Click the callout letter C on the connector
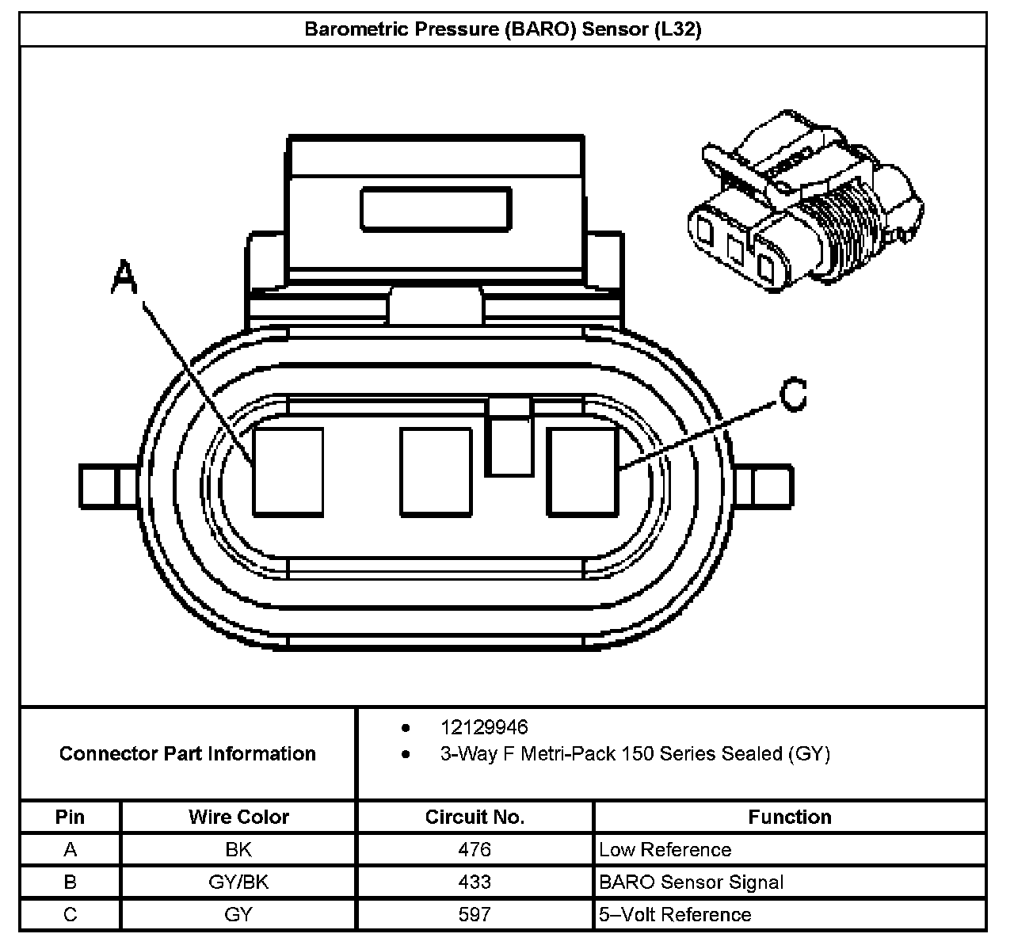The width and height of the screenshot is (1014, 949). click(793, 394)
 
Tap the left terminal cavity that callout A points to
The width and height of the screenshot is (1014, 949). click(288, 471)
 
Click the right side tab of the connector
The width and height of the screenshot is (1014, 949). click(772, 485)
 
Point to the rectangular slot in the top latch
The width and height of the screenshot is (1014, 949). click(435, 209)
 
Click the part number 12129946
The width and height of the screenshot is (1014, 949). click(483, 727)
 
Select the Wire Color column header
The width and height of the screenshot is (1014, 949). click(238, 817)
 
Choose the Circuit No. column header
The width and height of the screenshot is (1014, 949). click(475, 817)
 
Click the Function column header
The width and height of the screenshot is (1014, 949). click(789, 817)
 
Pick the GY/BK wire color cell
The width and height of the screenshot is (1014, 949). click(238, 882)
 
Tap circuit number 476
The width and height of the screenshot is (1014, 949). click(475, 849)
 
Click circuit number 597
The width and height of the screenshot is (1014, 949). click(475, 914)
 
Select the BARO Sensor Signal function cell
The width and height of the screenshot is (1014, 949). click(691, 882)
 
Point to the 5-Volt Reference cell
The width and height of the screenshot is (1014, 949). click(675, 914)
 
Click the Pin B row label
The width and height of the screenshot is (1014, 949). click(71, 882)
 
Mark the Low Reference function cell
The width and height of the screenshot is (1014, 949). click(665, 849)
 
